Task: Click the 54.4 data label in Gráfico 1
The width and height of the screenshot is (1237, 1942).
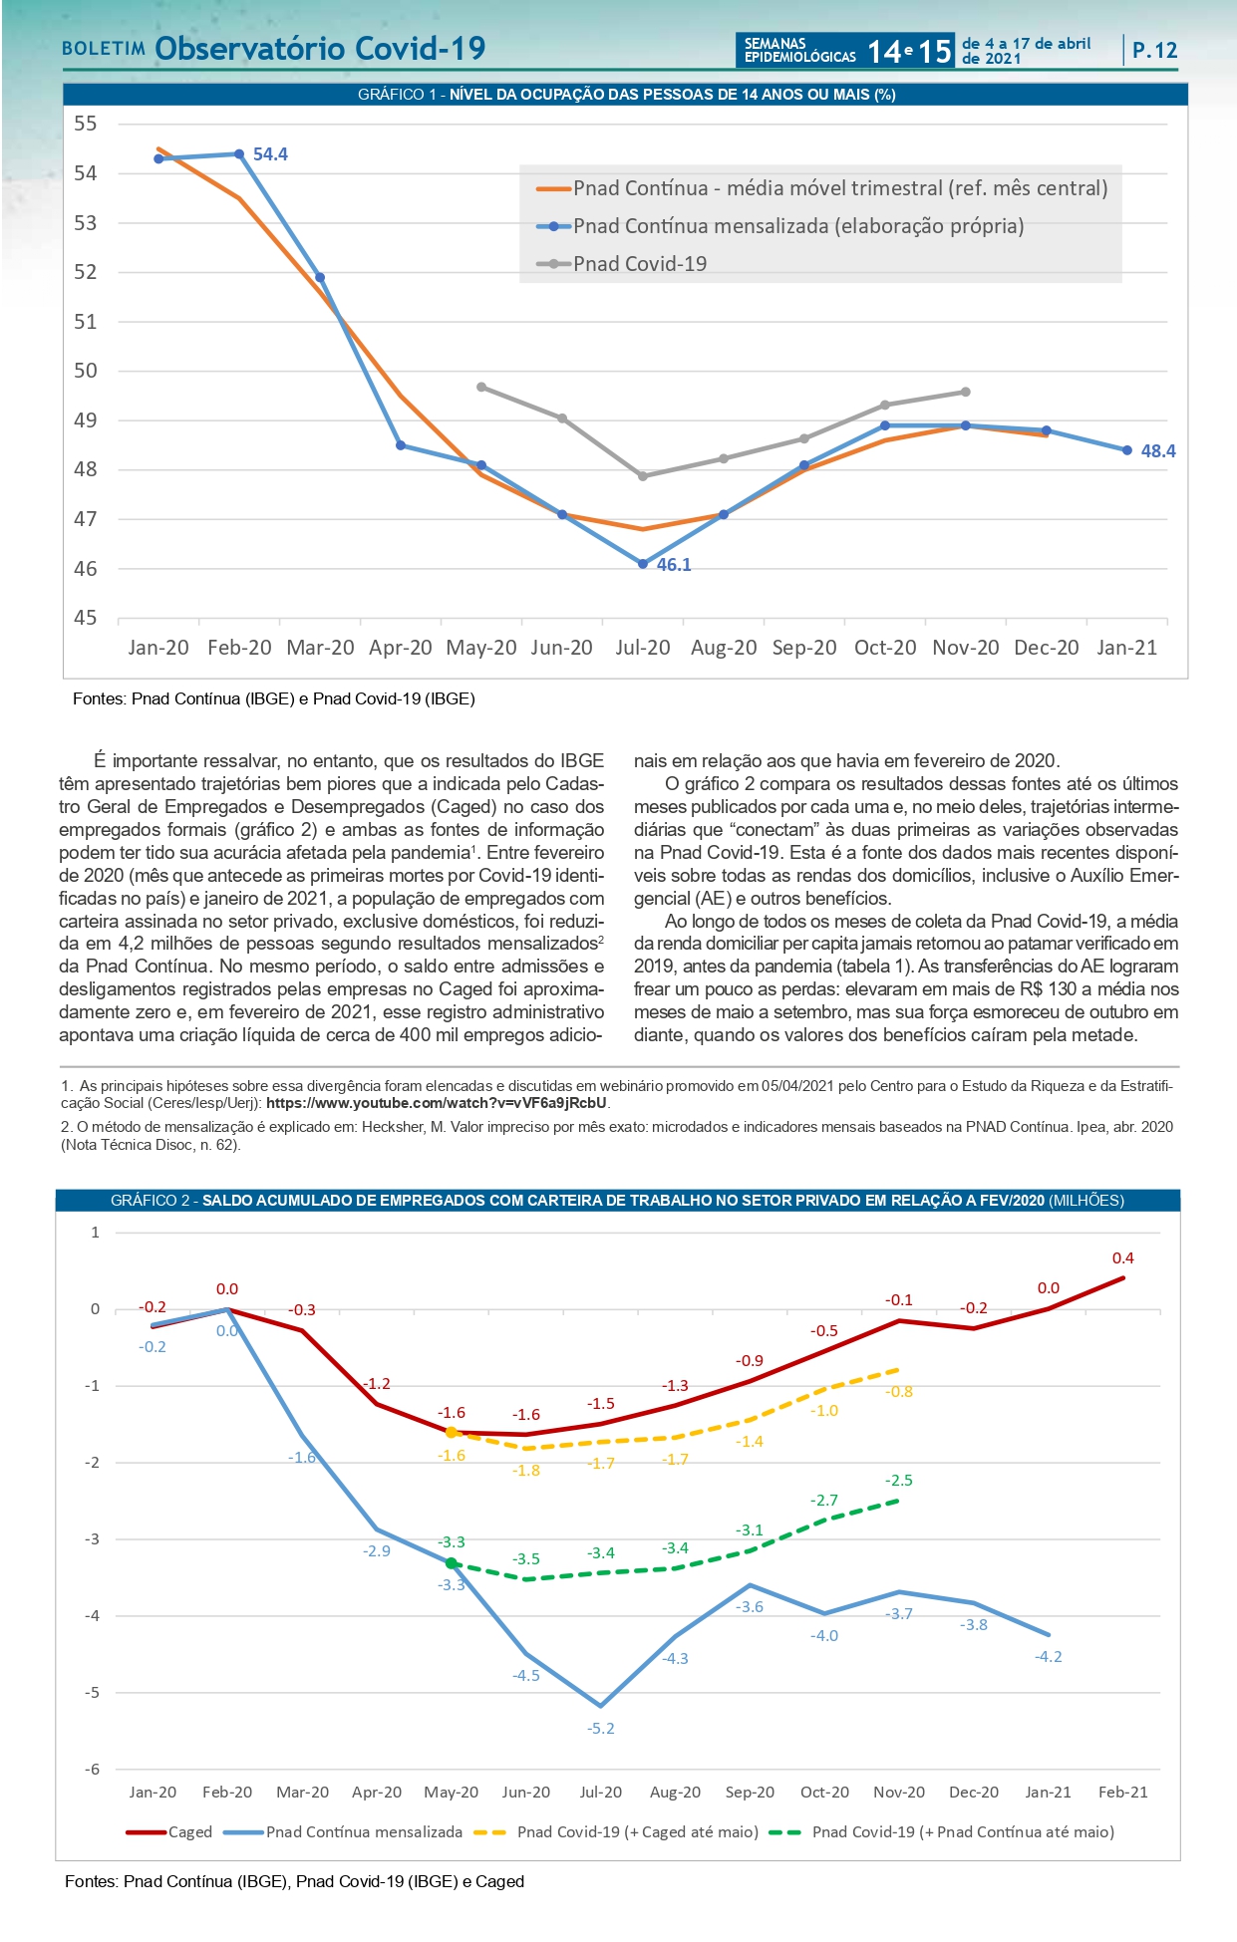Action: [x=270, y=154]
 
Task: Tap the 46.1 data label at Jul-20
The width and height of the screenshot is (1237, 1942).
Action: [x=674, y=565]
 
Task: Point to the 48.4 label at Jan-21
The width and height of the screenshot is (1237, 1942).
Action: [x=1157, y=451]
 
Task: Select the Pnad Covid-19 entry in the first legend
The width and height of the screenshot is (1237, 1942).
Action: [x=639, y=264]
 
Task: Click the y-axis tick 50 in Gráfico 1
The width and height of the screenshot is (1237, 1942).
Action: [x=86, y=371]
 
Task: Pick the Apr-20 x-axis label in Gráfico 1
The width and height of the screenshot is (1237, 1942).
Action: [x=400, y=648]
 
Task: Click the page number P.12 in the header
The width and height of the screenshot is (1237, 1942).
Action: [x=1154, y=51]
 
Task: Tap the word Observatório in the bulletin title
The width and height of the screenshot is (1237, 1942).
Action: [x=250, y=49]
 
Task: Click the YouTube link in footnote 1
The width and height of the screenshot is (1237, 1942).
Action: [x=437, y=1103]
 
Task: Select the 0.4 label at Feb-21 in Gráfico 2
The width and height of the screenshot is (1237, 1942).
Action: [x=1122, y=1258]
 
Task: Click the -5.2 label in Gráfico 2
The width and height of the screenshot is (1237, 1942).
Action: [x=601, y=1729]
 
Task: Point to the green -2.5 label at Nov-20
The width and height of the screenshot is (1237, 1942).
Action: [x=899, y=1481]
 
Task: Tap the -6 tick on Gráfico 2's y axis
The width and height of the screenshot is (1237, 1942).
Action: [x=93, y=1770]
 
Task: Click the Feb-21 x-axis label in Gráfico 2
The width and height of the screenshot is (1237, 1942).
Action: [x=1122, y=1793]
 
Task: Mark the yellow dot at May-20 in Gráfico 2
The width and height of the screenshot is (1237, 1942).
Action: [x=451, y=1433]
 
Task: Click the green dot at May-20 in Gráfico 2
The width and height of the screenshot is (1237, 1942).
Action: [x=451, y=1563]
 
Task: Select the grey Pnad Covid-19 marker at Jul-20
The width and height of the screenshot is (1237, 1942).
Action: [x=643, y=476]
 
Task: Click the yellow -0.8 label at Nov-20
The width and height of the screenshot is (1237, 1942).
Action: [x=899, y=1392]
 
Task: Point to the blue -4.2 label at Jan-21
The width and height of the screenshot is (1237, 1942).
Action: [x=1049, y=1657]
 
